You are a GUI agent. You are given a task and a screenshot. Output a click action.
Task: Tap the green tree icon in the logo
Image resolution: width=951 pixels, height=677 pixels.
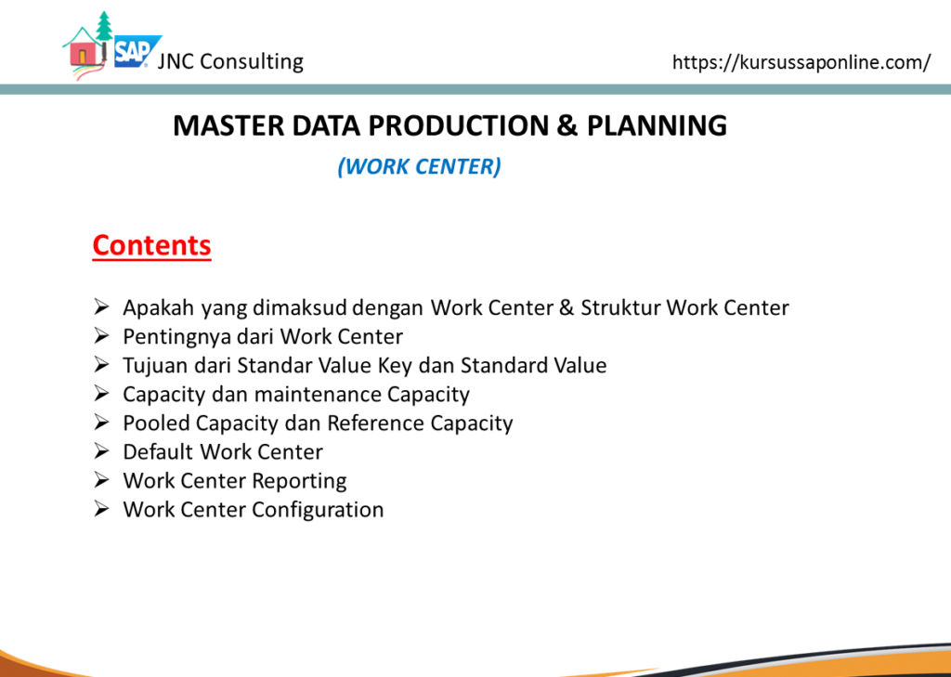[104, 25]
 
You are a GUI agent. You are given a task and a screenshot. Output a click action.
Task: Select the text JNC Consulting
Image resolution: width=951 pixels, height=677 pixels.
[230, 61]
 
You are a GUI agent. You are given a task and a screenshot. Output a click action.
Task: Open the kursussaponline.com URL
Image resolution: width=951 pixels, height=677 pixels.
[801, 62]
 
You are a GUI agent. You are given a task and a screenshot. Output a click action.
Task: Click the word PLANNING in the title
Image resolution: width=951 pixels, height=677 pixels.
[657, 125]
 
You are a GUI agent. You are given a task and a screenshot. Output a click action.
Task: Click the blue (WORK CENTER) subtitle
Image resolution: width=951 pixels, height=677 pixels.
[419, 166]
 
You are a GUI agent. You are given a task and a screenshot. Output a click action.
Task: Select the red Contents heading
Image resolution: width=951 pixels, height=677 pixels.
[151, 245]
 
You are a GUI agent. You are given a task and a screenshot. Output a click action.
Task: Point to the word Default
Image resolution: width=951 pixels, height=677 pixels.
[158, 451]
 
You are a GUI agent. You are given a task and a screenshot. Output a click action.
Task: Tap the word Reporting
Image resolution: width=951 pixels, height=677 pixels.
[299, 481]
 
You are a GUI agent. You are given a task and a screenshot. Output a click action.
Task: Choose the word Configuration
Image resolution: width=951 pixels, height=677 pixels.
[318, 510]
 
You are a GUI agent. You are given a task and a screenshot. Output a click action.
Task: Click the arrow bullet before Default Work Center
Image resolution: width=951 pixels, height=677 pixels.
[100, 451]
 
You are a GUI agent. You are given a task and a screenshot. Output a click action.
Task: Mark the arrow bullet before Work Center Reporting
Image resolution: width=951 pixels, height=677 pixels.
[100, 480]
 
